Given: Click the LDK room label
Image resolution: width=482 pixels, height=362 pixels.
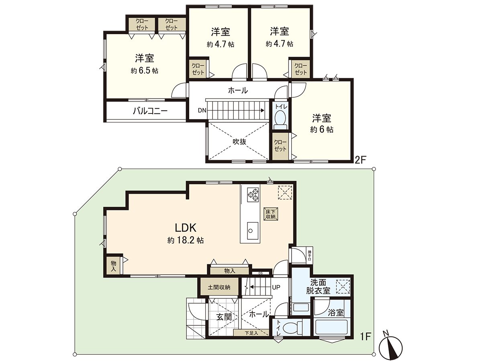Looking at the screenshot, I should tap(185, 228).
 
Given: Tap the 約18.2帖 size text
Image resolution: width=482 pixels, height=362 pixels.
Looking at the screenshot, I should tap(185, 241).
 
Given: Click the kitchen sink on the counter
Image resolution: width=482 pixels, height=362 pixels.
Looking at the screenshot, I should tap(251, 230).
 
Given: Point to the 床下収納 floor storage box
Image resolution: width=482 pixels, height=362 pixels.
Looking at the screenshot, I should tap(270, 214).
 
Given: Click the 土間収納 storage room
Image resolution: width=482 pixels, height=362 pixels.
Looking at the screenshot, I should tap(219, 287).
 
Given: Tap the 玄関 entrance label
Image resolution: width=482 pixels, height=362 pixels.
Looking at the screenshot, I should tap(224, 317).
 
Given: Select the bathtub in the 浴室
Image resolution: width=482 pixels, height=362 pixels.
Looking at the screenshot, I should tap(331, 327).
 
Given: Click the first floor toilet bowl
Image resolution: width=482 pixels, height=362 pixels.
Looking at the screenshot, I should tap(292, 327).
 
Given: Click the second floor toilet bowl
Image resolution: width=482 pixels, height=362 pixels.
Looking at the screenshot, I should tap(280, 118).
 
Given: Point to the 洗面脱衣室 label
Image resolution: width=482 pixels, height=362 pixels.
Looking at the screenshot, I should tap(319, 286).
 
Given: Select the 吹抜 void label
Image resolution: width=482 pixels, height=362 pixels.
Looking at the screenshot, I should tap(239, 141).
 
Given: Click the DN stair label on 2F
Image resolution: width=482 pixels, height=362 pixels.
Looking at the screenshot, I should tap(202, 110).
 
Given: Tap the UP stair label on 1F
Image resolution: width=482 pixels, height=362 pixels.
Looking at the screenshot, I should tap(276, 288).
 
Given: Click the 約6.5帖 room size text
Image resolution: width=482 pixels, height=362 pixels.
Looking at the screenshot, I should tap(144, 71).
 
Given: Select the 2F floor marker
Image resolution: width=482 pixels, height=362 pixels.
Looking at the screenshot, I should tap(360, 160).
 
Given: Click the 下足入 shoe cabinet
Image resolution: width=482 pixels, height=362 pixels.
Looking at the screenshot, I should tap(251, 333).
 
